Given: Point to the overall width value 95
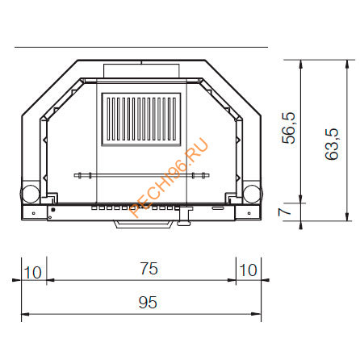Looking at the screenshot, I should click(146, 303).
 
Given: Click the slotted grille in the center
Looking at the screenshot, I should click(141, 119).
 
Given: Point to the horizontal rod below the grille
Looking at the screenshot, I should click(141, 174).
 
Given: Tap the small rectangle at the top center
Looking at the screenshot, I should click(141, 71).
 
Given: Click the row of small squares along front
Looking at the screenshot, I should click(137, 208).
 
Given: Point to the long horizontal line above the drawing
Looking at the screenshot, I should click(141, 48).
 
